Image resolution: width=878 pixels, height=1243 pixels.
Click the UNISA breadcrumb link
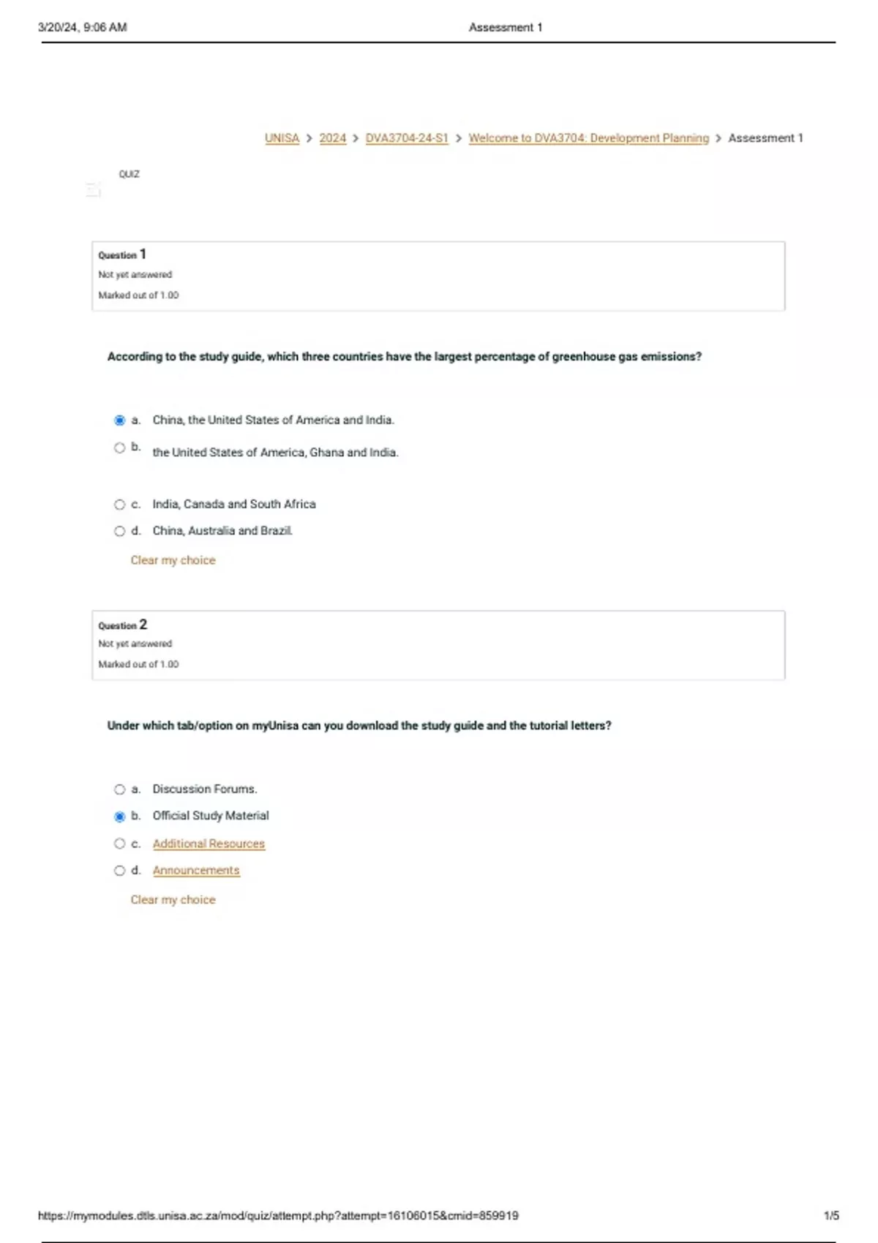(282, 138)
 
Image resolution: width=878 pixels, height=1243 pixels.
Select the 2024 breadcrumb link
(332, 138)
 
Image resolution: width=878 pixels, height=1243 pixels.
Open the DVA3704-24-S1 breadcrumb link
(406, 138)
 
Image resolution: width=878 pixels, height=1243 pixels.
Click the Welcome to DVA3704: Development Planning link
(588, 138)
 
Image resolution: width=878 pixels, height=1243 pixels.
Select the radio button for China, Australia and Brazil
(120, 532)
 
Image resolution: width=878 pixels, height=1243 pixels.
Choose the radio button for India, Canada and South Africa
(120, 505)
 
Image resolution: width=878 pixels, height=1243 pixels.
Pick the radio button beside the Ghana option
(120, 447)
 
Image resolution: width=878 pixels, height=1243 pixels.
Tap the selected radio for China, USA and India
(120, 420)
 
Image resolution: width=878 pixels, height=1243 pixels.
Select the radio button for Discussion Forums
(120, 790)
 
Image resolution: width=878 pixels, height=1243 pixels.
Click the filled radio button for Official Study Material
(120, 817)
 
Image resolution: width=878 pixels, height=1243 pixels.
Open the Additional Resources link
(209, 844)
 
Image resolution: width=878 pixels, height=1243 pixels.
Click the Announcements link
(196, 871)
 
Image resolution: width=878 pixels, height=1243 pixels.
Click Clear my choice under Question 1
(173, 560)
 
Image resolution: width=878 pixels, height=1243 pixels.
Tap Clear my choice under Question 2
(173, 900)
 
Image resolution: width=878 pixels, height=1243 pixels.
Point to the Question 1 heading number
(143, 254)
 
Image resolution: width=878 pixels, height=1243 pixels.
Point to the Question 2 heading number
(143, 624)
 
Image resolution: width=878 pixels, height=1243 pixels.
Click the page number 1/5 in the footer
(831, 1216)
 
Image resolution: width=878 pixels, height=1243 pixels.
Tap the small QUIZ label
(129, 175)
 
